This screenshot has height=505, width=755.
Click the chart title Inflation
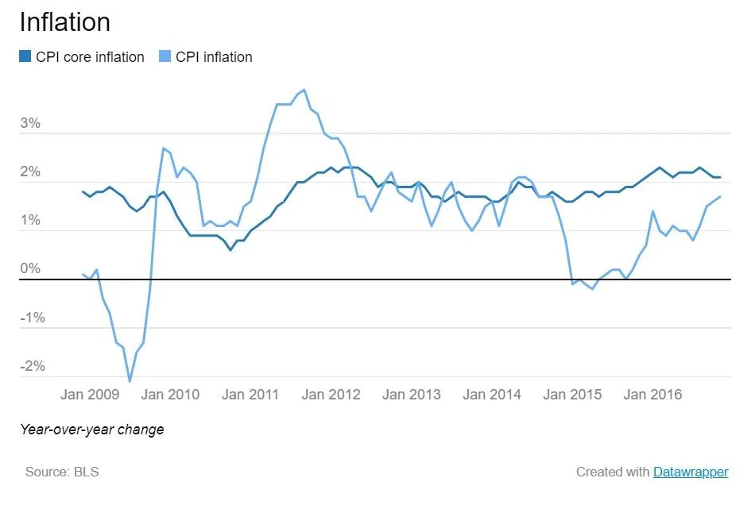tap(65, 21)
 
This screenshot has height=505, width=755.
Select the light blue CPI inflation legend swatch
tap(165, 57)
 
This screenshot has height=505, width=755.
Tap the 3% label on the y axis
tap(30, 125)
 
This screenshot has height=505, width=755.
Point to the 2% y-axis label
tap(30, 173)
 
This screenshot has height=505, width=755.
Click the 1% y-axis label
tap(30, 222)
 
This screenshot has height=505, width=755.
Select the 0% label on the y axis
tap(30, 270)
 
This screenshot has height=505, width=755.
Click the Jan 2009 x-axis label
tap(90, 395)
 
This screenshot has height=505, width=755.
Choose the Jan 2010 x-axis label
tap(170, 395)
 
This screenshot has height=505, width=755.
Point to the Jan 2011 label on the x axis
tap(250, 395)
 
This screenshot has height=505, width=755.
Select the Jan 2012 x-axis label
tap(331, 395)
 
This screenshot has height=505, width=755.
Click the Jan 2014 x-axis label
tap(492, 395)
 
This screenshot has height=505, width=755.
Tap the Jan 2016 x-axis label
tap(652, 395)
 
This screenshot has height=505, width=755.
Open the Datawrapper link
tap(691, 472)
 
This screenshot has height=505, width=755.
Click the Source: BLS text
tap(62, 472)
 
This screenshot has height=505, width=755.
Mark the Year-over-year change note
tap(92, 430)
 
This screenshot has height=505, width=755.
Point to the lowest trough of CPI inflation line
tap(130, 381)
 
